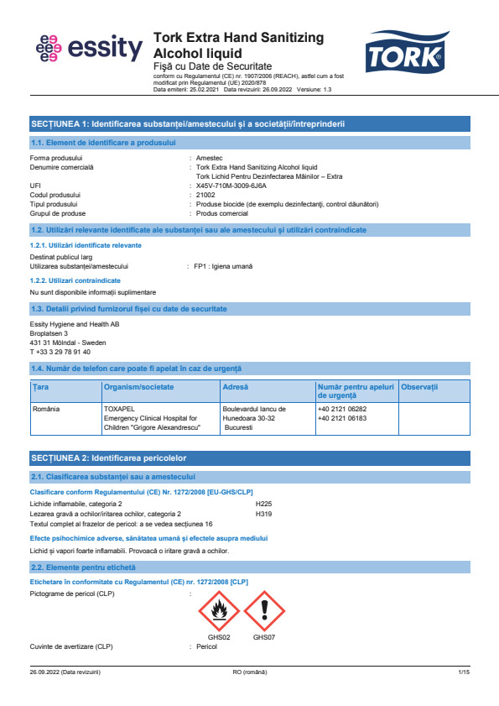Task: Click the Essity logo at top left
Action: click(x=89, y=49)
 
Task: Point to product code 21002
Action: click(x=205, y=195)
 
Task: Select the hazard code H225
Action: click(x=263, y=503)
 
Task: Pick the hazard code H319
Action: click(x=263, y=512)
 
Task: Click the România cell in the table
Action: click(x=47, y=409)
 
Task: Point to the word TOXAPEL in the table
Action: click(x=117, y=409)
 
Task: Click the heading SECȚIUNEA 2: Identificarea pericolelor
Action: click(x=108, y=458)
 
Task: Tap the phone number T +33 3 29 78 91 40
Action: click(x=60, y=352)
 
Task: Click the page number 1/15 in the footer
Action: click(x=464, y=673)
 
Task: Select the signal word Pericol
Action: click(x=206, y=646)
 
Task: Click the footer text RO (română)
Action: click(x=249, y=673)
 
